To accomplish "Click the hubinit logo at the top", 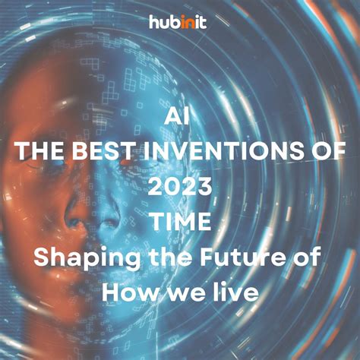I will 179,23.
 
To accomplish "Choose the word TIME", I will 180,223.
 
